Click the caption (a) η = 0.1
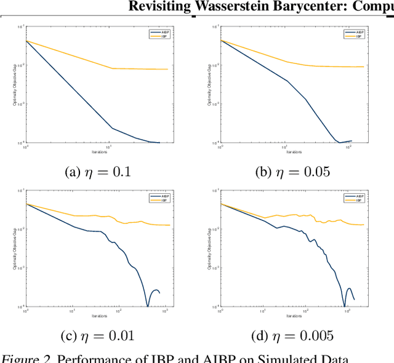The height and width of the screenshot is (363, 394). coord(97,172)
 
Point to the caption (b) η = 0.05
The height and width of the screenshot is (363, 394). coord(292,172)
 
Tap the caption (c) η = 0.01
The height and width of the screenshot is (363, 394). coord(97,335)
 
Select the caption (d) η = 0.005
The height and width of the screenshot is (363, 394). coord(292,335)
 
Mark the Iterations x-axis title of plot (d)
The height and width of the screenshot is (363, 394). coord(294,316)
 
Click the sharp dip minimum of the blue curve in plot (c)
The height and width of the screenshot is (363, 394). coord(147,306)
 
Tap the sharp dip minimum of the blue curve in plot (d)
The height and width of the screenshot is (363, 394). coord(344,306)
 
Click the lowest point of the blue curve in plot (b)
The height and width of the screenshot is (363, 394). coord(339,142)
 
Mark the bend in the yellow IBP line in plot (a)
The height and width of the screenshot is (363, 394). coord(112,68)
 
